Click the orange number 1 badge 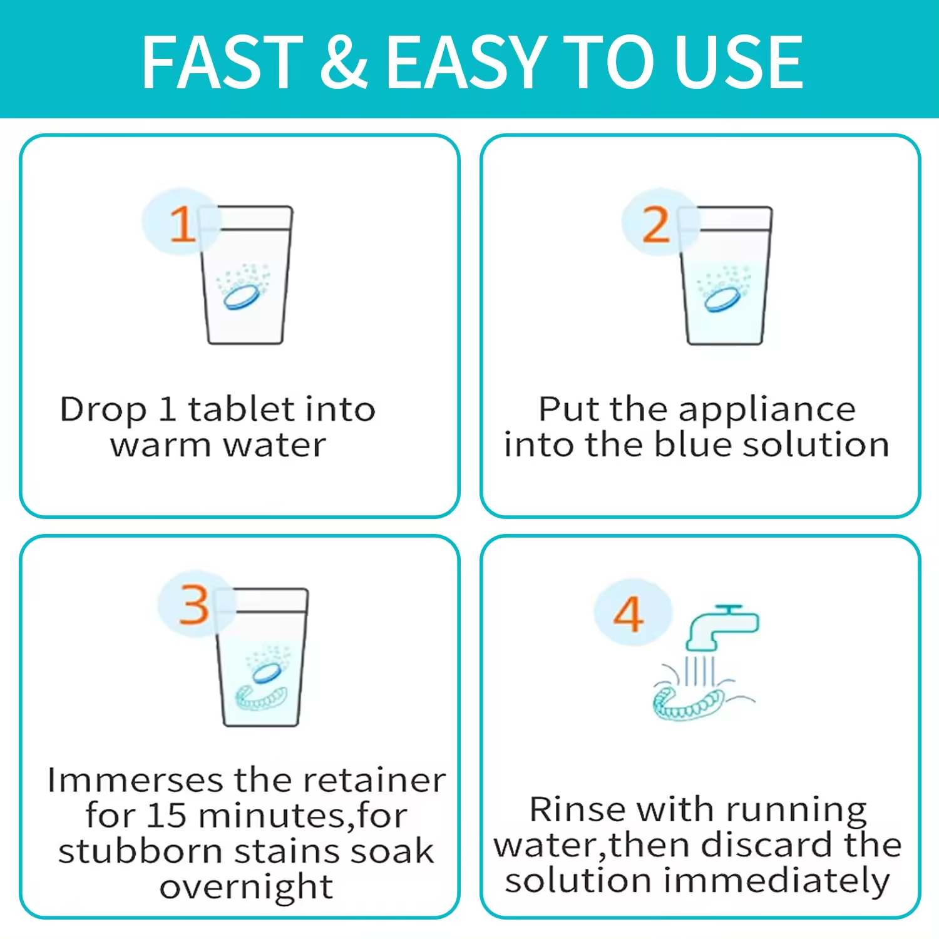click(182, 222)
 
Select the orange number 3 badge click(195, 604)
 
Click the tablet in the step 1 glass click(243, 296)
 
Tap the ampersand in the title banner click(344, 61)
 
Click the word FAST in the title click(222, 61)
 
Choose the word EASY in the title click(467, 61)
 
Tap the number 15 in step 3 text click(167, 815)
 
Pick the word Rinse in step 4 click(577, 809)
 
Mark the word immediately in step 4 click(776, 881)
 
